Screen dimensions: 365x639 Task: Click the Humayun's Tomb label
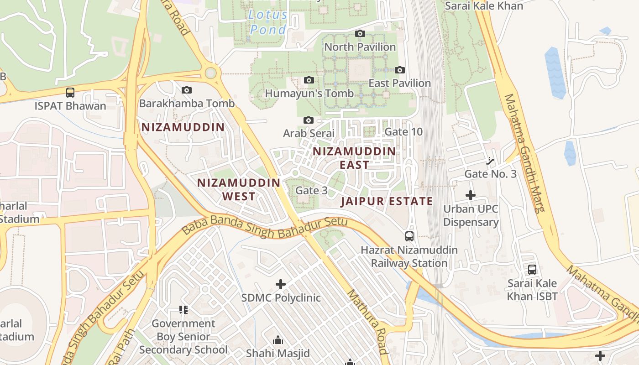(x=309, y=94)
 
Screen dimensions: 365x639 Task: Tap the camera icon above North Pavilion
(x=360, y=34)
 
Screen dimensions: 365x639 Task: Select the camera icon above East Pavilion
(x=400, y=70)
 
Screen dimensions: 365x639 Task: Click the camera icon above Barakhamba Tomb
(x=187, y=90)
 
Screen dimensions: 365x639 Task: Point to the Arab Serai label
(x=309, y=133)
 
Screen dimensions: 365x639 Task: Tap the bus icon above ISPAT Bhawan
(x=70, y=93)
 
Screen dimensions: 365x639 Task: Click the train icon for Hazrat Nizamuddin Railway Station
(x=409, y=236)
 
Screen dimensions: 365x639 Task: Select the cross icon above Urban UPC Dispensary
(x=471, y=196)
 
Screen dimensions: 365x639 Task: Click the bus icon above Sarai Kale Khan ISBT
(x=532, y=270)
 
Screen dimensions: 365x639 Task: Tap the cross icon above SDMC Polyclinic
(x=281, y=285)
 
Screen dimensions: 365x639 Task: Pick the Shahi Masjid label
(x=278, y=353)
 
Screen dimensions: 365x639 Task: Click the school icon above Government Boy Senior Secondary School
(x=183, y=310)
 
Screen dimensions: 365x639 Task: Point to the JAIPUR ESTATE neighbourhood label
(x=387, y=201)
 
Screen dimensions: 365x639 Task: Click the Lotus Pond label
(x=268, y=22)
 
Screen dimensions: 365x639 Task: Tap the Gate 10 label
(x=403, y=132)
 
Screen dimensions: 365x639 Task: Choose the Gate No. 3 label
(x=490, y=174)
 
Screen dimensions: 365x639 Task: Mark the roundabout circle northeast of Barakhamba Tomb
(x=210, y=73)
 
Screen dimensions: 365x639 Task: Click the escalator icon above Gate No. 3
(x=490, y=161)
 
